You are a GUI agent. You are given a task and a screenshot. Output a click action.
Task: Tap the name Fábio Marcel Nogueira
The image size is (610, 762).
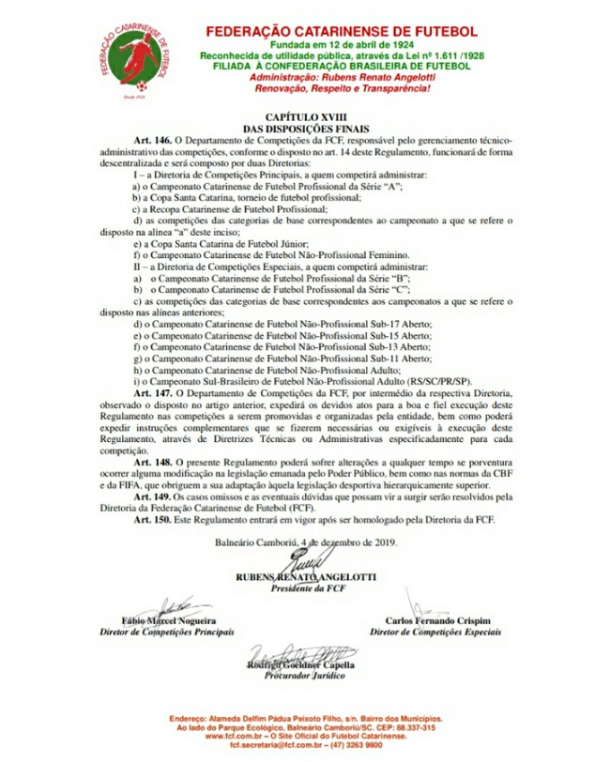pyautogui.click(x=168, y=620)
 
